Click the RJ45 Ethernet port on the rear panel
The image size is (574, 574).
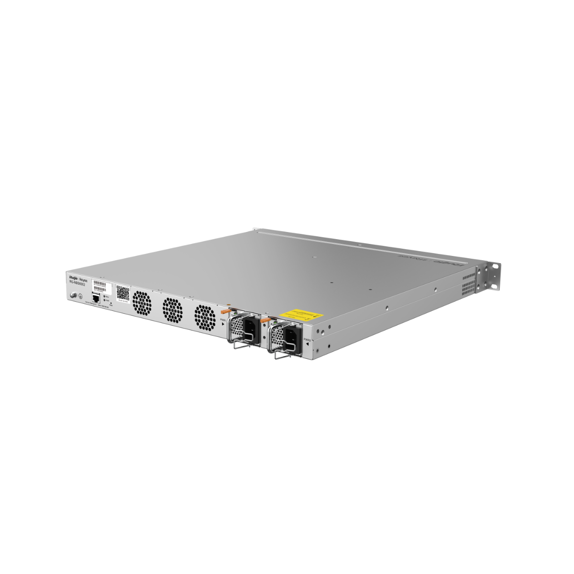point(96,298)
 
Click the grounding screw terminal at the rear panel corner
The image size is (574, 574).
point(73,296)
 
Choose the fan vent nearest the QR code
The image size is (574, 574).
point(142,303)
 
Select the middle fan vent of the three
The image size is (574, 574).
point(172,309)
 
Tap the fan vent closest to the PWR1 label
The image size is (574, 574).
point(205,317)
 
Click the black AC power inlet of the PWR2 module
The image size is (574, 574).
point(292,338)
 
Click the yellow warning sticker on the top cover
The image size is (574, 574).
point(302,314)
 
